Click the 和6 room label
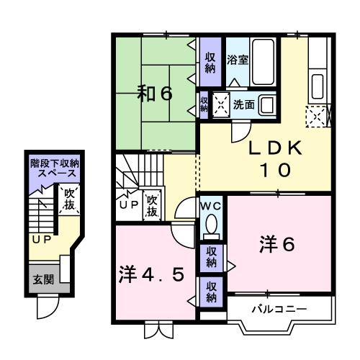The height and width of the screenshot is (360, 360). pos(156,94)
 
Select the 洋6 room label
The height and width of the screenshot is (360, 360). pos(276,245)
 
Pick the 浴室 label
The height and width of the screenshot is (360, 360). pos(238,59)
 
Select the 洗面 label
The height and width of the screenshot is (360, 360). pos(243,105)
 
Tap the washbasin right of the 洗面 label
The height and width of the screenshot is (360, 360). pos(267,104)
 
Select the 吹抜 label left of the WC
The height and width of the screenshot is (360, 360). pos(152,206)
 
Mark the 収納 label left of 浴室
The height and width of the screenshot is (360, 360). pos(210,63)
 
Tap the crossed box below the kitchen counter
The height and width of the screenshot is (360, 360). pos(316,115)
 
